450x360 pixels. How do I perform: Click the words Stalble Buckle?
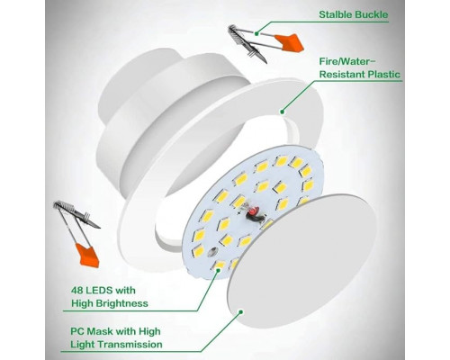354,14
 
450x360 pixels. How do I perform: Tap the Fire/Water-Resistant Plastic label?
360,68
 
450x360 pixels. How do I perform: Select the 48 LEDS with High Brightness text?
110,297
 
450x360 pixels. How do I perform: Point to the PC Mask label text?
116,337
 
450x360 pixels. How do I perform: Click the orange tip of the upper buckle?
290,42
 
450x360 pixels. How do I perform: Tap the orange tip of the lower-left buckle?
87,256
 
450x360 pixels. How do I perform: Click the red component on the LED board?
252,212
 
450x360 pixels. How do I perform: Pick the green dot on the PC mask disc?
240,312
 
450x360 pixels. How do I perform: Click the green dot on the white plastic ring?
282,112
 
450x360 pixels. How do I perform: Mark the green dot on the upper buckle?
256,33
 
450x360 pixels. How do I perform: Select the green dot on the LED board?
218,270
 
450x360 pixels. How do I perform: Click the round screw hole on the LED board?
212,251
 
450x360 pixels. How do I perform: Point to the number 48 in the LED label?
77,291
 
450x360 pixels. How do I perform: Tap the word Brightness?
122,303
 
